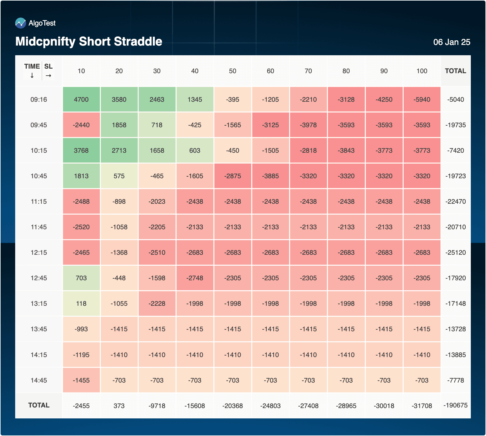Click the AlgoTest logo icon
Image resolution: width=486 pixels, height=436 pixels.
tap(21, 23)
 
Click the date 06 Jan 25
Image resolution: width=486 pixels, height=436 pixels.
tap(452, 42)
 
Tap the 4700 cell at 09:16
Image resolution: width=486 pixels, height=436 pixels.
tap(81, 100)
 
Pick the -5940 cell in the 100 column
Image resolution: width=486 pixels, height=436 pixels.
tap(422, 100)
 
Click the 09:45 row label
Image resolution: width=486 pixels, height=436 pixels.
tap(39, 125)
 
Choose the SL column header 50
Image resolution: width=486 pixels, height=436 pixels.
tap(232, 71)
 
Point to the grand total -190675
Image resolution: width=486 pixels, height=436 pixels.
tap(455, 405)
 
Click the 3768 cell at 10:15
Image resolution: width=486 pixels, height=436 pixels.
tap(81, 151)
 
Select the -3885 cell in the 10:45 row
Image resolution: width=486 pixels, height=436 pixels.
tap(270, 176)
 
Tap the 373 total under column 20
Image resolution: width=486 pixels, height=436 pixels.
tap(119, 406)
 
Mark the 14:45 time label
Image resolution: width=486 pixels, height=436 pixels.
tap(39, 380)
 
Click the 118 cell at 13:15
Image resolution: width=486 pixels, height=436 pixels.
tap(81, 304)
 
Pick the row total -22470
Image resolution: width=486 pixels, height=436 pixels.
tap(455, 202)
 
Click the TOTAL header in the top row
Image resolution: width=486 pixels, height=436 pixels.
tap(455, 71)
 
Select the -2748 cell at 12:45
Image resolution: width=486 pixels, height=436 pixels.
tap(195, 278)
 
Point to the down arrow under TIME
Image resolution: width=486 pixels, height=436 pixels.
tap(32, 76)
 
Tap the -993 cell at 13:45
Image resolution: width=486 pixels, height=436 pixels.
tap(81, 329)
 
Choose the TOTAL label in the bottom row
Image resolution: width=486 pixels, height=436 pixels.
tap(39, 405)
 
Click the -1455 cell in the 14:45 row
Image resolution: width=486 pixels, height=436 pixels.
tap(81, 380)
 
